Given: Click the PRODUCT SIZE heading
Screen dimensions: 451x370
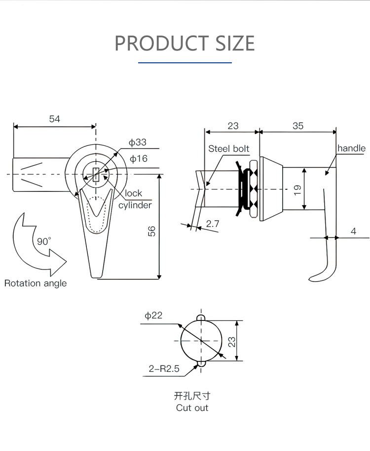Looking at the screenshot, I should coord(185,43).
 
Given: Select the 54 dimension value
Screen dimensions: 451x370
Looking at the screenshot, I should coord(54,119).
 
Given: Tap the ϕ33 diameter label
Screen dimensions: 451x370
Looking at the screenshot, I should coord(138,142).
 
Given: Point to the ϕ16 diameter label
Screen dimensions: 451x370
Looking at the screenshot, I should coord(139,159).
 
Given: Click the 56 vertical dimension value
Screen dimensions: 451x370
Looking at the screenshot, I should coord(152,231).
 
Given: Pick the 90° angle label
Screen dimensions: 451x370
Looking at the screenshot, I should coord(44,241).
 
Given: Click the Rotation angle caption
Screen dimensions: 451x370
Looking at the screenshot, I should coord(36,283).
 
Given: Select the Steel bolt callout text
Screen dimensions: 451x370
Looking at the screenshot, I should coord(228,149).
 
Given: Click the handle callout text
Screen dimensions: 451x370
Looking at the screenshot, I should coord(351,148).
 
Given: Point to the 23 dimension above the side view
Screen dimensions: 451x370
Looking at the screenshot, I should coord(233,126).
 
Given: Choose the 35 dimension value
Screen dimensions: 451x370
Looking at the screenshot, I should coord(298,126).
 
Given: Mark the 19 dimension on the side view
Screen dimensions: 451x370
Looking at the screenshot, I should coord(297,190).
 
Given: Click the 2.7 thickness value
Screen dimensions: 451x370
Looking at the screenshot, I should coord(213,224).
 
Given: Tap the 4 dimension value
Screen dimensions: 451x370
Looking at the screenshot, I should coord(353,231).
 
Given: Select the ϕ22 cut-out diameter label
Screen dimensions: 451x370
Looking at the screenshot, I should coord(153,315).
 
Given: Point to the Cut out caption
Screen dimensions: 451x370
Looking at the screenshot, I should coord(192,408).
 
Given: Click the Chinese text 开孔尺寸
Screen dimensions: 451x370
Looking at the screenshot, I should coord(192,396).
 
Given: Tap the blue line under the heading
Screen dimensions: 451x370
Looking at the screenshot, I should coord(185,63).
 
